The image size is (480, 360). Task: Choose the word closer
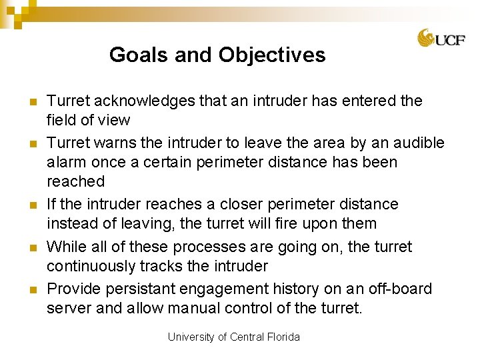coord(293,204)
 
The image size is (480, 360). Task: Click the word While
coord(67,247)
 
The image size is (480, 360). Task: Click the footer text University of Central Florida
coord(233,337)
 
